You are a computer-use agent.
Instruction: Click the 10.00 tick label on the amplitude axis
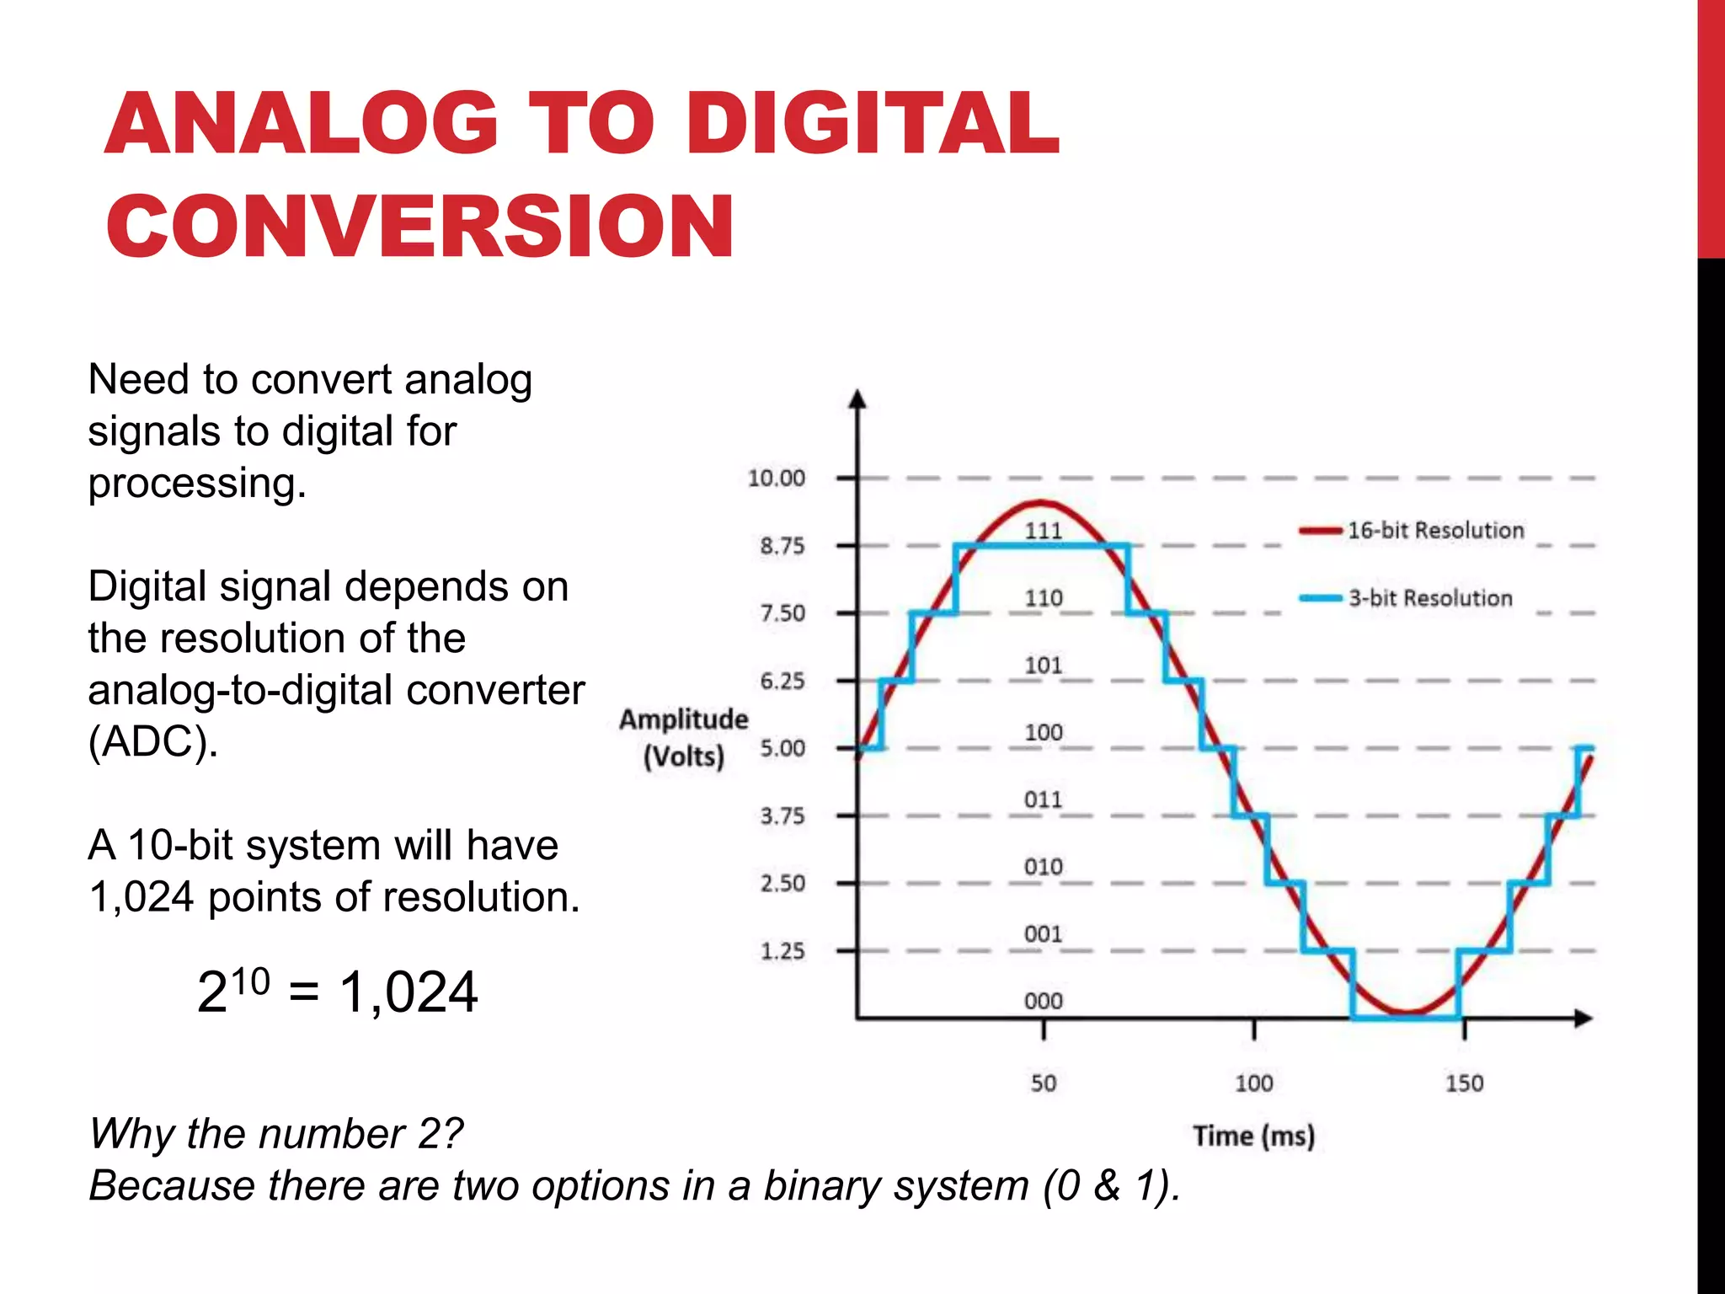pos(777,479)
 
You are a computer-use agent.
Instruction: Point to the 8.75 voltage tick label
pos(782,546)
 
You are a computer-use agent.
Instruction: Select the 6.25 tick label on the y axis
pos(782,681)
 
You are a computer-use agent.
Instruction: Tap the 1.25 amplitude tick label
pos(782,951)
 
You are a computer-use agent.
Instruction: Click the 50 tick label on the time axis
pos(1044,1083)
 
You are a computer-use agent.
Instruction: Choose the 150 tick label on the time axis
pos(1464,1083)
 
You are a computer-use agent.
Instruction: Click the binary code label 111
pos(1043,531)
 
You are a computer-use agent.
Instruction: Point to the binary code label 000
pos(1043,1001)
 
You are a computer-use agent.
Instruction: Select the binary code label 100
pos(1043,733)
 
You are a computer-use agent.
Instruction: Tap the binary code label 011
pos(1043,799)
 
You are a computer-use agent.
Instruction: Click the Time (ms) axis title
pos(1253,1136)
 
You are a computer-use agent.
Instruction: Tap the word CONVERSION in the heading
pos(420,225)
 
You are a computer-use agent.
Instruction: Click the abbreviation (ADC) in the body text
pos(153,742)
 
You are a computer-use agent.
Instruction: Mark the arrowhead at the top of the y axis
pos(857,399)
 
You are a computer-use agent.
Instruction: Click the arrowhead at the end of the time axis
pos(1583,1019)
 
